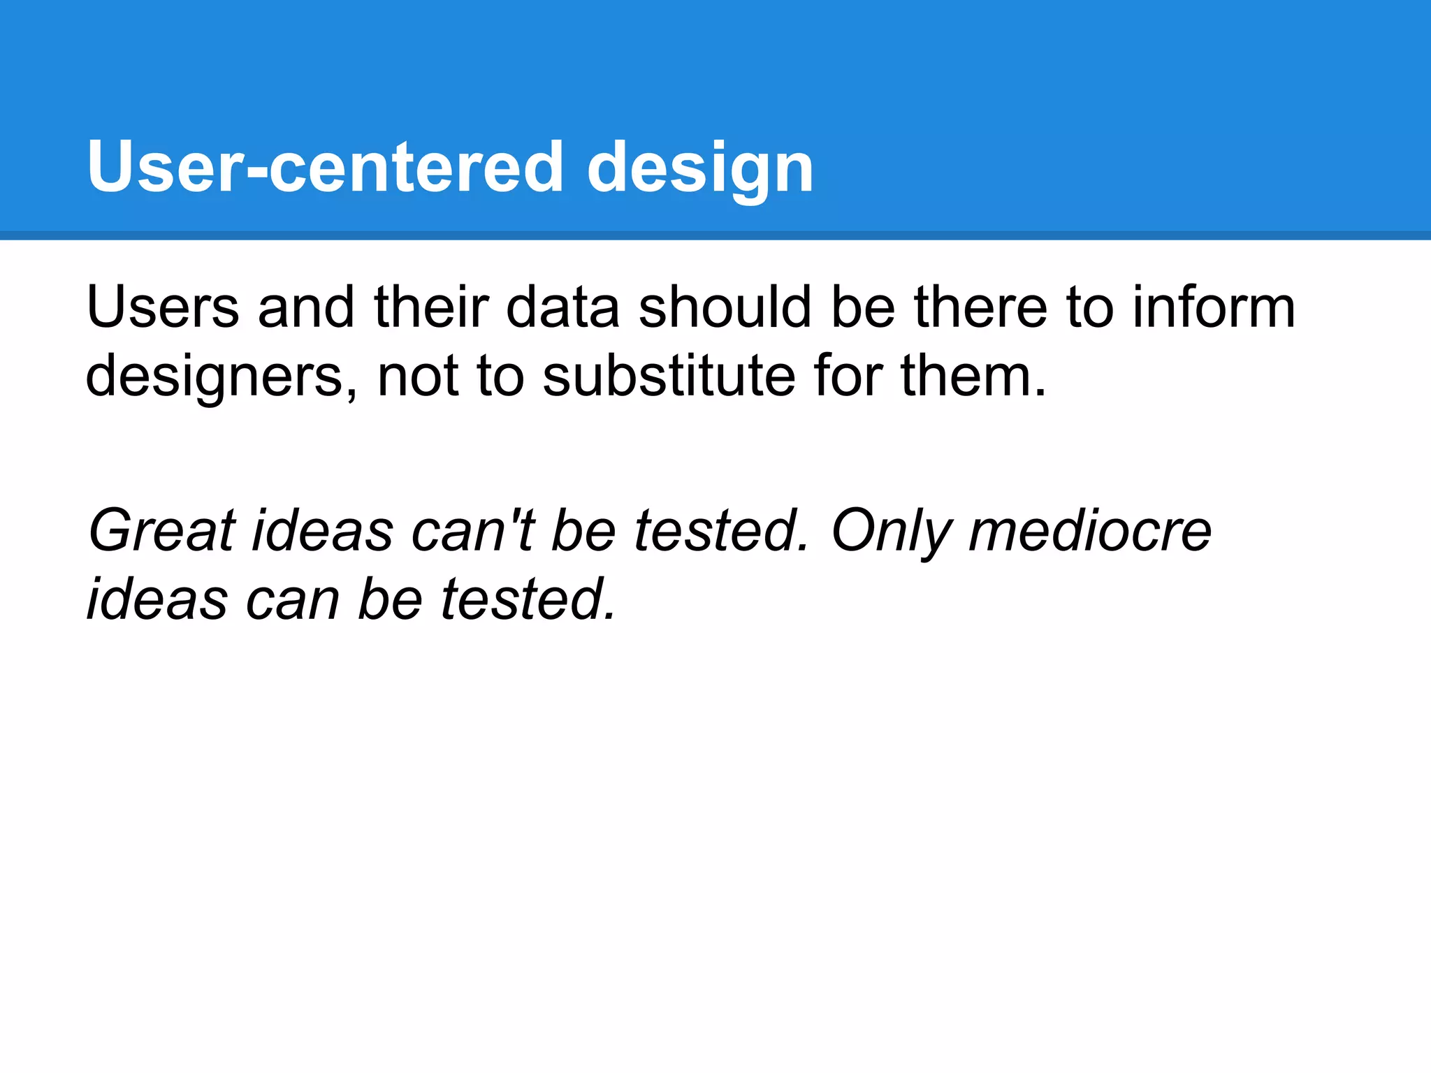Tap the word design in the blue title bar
point(700,168)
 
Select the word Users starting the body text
point(162,307)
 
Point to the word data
point(562,307)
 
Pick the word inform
point(1214,307)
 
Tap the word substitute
point(669,376)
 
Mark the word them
point(973,376)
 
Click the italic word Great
point(162,531)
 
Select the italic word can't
point(473,531)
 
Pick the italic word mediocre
point(1090,531)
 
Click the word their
point(431,307)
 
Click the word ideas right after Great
point(323,531)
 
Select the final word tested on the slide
point(528,599)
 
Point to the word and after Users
point(306,307)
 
